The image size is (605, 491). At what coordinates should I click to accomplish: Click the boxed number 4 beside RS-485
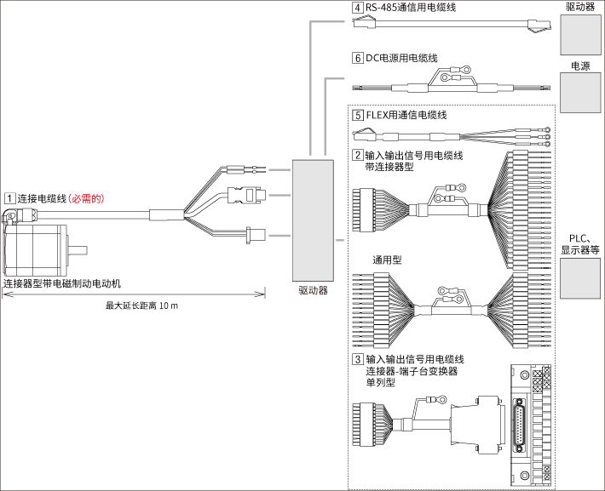click(x=357, y=8)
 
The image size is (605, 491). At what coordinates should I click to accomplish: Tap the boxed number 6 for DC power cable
click(x=357, y=58)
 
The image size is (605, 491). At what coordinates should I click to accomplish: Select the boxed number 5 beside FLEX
click(x=357, y=115)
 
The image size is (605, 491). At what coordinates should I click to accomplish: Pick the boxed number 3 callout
click(x=357, y=359)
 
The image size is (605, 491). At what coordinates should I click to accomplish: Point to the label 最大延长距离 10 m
click(x=141, y=305)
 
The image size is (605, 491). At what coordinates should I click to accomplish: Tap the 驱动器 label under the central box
click(x=312, y=289)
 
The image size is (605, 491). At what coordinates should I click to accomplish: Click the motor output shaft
click(x=78, y=250)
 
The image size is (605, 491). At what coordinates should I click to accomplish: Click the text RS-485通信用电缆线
click(x=410, y=8)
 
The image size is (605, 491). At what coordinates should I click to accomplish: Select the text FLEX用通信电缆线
click(x=406, y=115)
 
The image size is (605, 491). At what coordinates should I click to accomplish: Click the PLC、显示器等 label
click(x=579, y=245)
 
